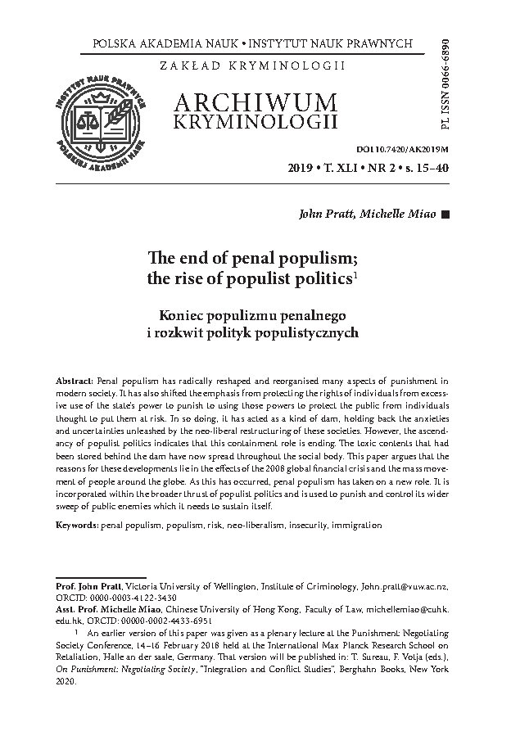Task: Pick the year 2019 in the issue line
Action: [x=305, y=169]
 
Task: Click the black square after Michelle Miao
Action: [x=445, y=214]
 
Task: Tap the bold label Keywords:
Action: [x=77, y=523]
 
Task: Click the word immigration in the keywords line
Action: [x=356, y=523]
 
